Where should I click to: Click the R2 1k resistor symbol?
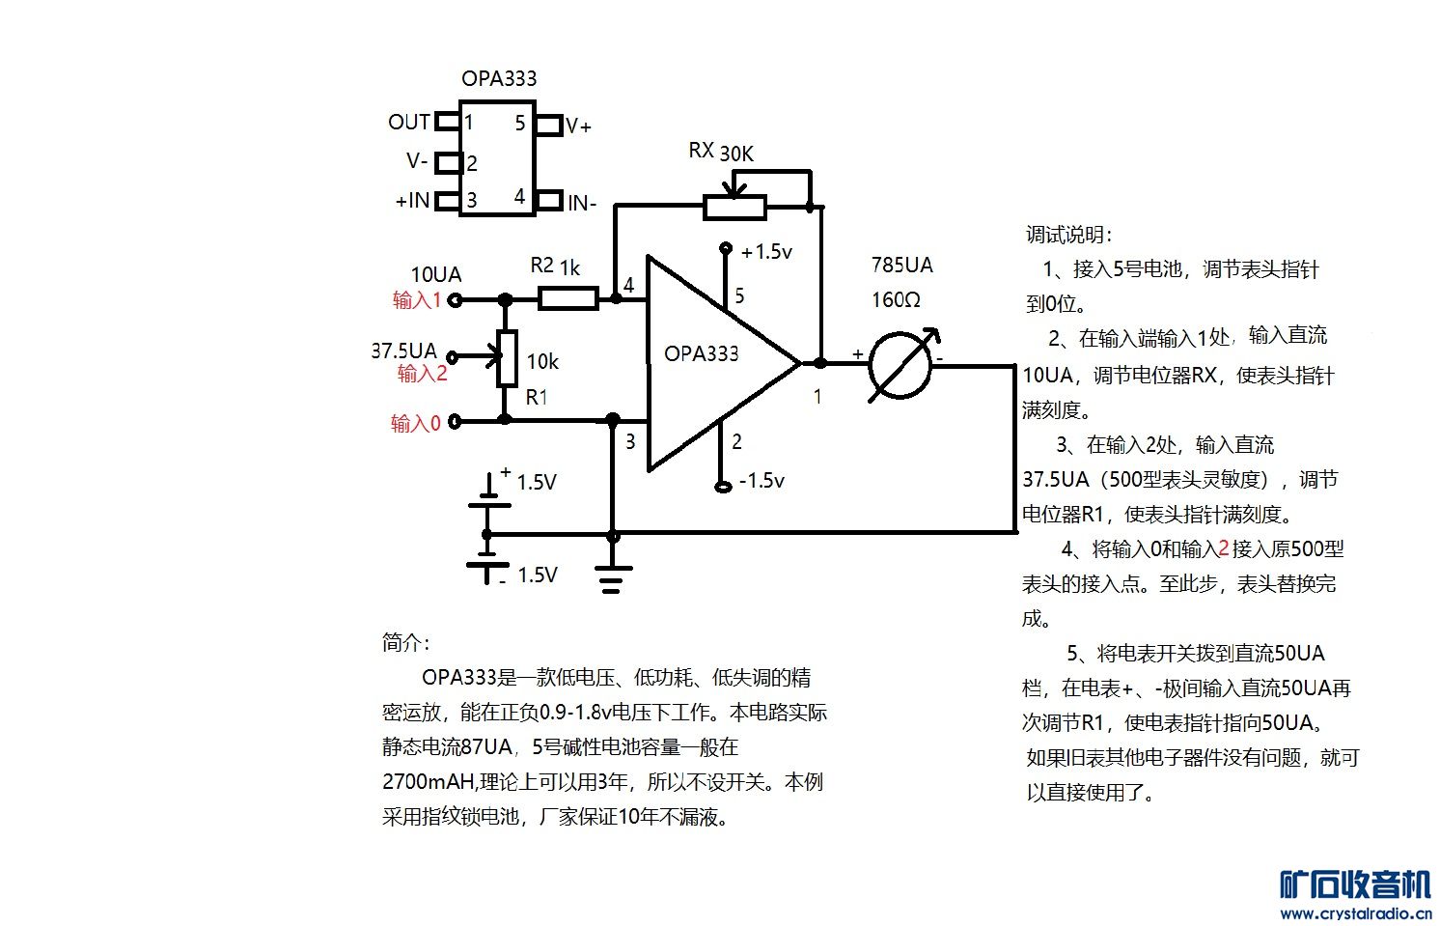tap(568, 298)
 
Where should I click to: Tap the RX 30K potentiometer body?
tap(734, 206)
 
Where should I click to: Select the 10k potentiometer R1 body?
tap(506, 358)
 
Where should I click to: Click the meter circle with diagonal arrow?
tap(900, 365)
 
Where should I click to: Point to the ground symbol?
tap(613, 577)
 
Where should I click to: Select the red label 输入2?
tap(423, 374)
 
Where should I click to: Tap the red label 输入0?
tap(416, 423)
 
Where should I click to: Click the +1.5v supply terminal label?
tap(766, 252)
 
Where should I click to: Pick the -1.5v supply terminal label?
tap(762, 480)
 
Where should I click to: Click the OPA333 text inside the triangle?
tap(702, 353)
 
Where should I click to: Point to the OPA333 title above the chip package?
tap(499, 78)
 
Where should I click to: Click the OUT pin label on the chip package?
tap(409, 122)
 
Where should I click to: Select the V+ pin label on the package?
tap(579, 126)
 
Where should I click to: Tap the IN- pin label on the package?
tap(582, 203)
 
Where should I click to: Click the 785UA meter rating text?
tap(901, 265)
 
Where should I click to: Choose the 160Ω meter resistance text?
tap(896, 299)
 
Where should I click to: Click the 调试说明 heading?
tap(1068, 235)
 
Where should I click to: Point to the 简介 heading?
tap(406, 642)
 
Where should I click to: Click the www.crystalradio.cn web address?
tap(1355, 913)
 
